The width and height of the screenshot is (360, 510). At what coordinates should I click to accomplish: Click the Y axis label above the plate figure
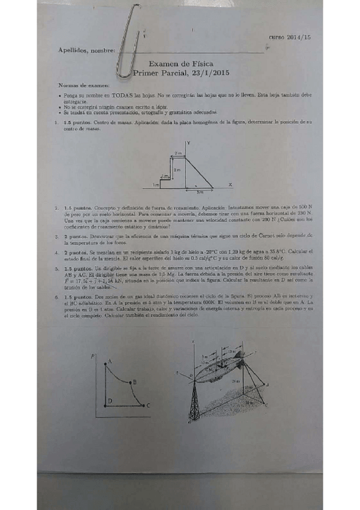point(189,143)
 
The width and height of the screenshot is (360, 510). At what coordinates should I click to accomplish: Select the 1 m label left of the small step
point(155,185)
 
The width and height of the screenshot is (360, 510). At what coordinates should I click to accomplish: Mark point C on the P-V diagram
point(148,406)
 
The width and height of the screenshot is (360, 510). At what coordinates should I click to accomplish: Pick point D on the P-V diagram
point(109,401)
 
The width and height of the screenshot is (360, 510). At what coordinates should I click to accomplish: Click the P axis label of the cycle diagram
point(93,356)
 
